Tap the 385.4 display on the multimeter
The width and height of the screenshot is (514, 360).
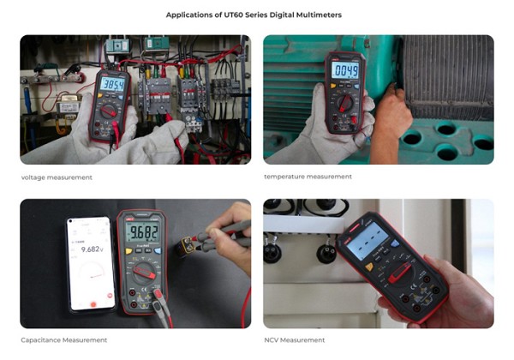[113, 84]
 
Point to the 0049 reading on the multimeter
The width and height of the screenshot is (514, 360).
[345, 70]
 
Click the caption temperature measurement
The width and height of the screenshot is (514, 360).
[308, 177]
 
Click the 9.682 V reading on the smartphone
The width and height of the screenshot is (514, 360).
[88, 249]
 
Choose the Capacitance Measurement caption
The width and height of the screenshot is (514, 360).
[64, 340]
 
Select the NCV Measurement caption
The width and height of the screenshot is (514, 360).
[294, 340]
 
